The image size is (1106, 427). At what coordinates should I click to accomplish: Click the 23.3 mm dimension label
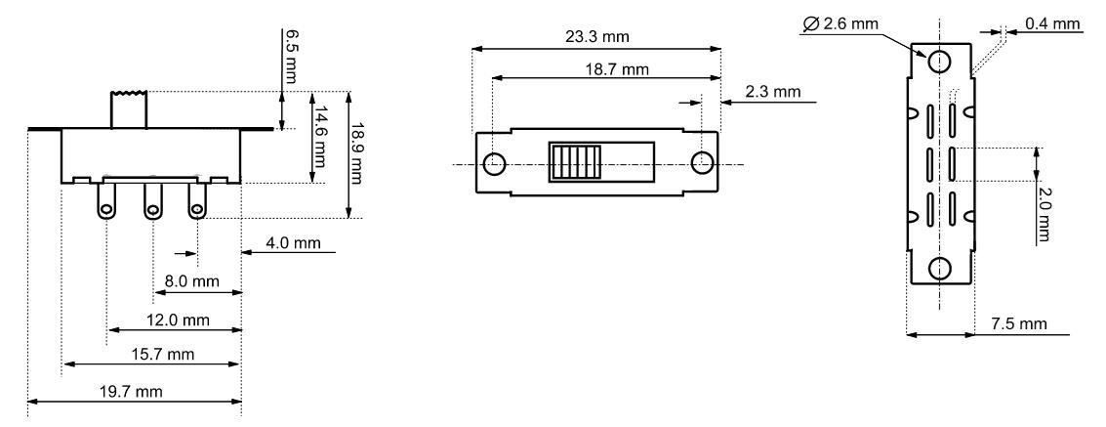click(596, 37)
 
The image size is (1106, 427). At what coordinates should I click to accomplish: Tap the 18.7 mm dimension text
click(617, 69)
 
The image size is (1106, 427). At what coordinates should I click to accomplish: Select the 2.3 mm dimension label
click(772, 91)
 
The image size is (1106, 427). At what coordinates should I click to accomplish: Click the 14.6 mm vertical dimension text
click(321, 136)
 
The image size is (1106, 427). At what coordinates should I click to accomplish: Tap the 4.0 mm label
click(293, 243)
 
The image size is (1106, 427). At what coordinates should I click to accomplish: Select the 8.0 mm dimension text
click(192, 281)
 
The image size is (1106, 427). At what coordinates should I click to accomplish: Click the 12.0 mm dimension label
click(179, 320)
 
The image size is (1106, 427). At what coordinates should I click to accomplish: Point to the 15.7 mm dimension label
click(162, 355)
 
